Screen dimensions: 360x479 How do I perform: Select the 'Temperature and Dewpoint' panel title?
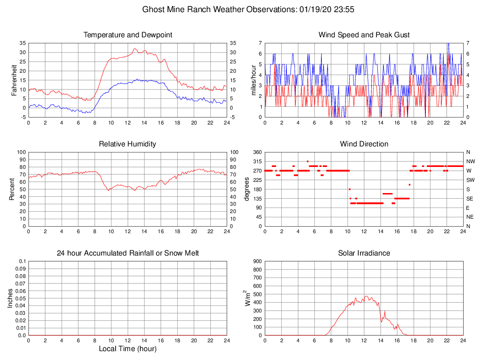(x=128, y=35)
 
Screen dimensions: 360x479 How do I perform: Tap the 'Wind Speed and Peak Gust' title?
(x=364, y=35)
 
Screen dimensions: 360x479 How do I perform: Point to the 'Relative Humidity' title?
(x=127, y=144)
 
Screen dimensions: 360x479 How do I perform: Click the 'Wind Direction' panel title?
(x=364, y=144)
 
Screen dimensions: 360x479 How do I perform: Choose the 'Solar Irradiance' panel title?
(x=364, y=253)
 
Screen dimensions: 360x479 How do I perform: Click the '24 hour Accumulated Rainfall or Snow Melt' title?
(x=128, y=253)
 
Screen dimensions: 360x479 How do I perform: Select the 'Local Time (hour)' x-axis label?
(x=127, y=349)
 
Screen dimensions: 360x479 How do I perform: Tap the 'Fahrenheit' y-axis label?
(x=14, y=80)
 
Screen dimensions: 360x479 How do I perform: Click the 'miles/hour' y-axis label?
(x=254, y=80)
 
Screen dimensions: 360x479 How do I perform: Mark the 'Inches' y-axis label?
(x=10, y=298)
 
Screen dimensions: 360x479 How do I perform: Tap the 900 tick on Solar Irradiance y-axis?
(x=257, y=261)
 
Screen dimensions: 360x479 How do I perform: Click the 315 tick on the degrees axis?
(x=257, y=161)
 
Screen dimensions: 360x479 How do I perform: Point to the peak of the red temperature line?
(x=135, y=48)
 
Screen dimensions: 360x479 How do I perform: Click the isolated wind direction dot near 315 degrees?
(x=307, y=161)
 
